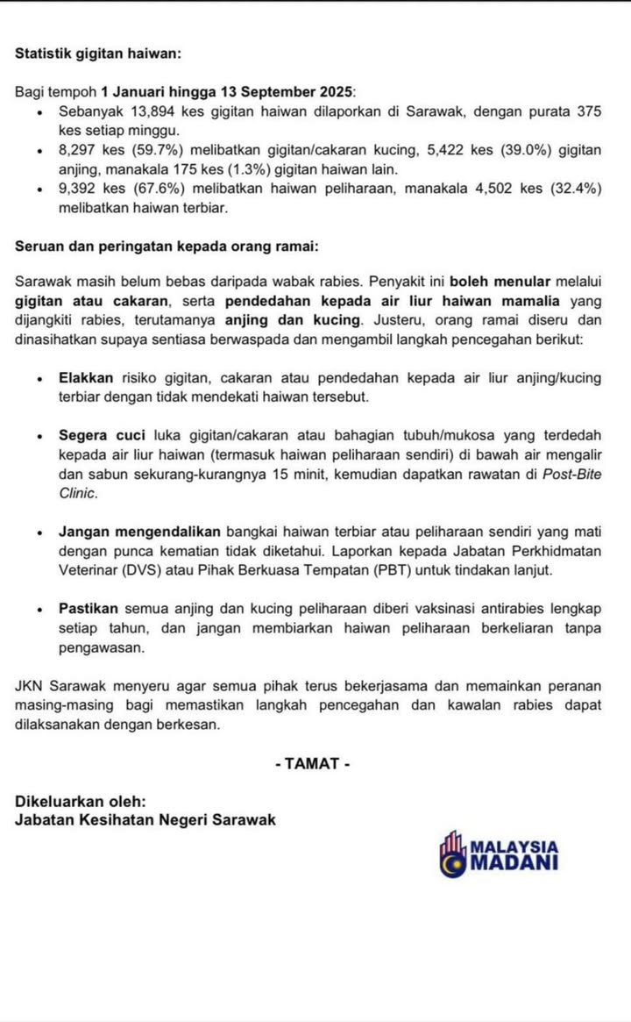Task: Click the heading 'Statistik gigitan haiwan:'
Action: pos(98,54)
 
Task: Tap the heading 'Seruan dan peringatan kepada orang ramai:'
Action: pos(167,247)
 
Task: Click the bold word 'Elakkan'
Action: pos(86,378)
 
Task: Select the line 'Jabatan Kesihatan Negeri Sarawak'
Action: pos(145,819)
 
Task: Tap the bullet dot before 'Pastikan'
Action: pos(40,610)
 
